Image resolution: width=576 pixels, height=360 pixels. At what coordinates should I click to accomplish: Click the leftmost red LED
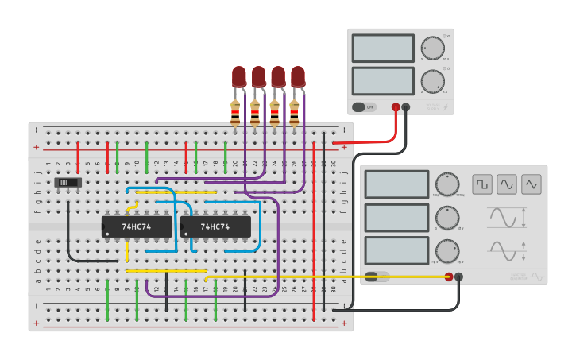[x=239, y=76]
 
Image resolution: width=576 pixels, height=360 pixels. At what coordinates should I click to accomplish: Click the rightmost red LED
[x=298, y=76]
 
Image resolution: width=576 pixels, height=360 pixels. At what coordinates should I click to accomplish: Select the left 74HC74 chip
[x=137, y=226]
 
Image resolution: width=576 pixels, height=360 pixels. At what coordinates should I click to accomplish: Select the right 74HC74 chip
[x=215, y=226]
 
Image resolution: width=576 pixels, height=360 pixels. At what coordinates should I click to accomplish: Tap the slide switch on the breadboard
[x=68, y=183]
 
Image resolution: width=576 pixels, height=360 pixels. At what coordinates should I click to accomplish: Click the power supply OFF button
[x=364, y=106]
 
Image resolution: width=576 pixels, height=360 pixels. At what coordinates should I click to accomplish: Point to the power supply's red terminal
[x=396, y=106]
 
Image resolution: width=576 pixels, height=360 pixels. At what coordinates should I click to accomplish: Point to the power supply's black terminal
[x=406, y=106]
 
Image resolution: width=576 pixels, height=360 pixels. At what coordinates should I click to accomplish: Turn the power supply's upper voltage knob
[x=432, y=48]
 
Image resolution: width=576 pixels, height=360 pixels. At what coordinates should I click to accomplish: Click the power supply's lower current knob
[x=432, y=81]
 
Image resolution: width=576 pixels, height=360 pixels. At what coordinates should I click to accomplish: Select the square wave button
[x=482, y=184]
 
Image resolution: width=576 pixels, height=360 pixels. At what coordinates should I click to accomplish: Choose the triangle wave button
[x=532, y=184]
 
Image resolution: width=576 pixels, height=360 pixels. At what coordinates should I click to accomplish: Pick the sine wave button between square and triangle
[x=507, y=184]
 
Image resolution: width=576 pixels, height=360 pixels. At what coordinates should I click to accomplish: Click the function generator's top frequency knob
[x=447, y=184]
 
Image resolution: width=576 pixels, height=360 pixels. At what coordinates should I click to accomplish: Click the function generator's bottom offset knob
[x=447, y=250]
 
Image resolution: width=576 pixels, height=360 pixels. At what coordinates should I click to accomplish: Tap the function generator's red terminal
[x=449, y=277]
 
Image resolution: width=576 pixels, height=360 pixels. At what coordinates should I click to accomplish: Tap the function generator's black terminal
[x=459, y=277]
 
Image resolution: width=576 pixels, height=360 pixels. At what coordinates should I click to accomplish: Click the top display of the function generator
[x=396, y=184]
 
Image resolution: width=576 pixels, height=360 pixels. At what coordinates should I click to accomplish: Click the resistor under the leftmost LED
[x=235, y=114]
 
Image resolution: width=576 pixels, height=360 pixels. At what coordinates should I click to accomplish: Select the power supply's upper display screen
[x=383, y=48]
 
